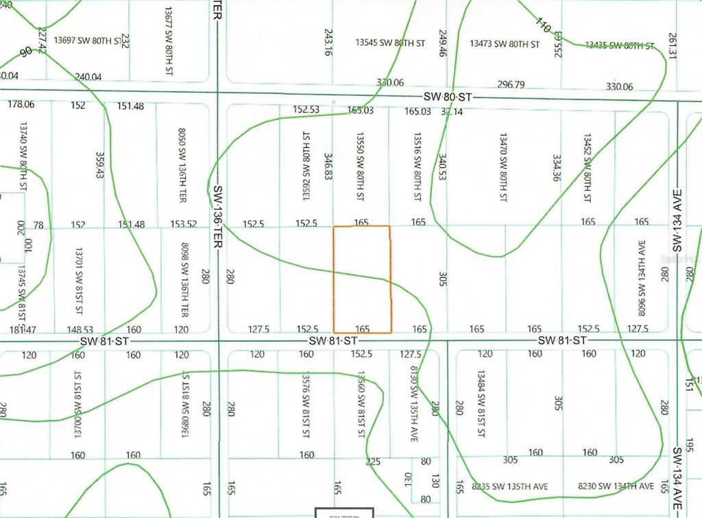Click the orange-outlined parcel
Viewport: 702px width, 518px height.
click(362, 279)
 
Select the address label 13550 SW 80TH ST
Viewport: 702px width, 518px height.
click(359, 167)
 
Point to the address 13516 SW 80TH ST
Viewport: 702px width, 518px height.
click(416, 167)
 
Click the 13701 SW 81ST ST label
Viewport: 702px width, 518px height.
click(80, 279)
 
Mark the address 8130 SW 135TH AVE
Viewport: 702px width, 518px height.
click(413, 404)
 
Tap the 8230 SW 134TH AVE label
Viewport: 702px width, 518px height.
click(616, 486)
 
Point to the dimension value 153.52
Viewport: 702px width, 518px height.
click(183, 223)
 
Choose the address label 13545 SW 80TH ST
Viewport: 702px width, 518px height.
click(390, 43)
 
